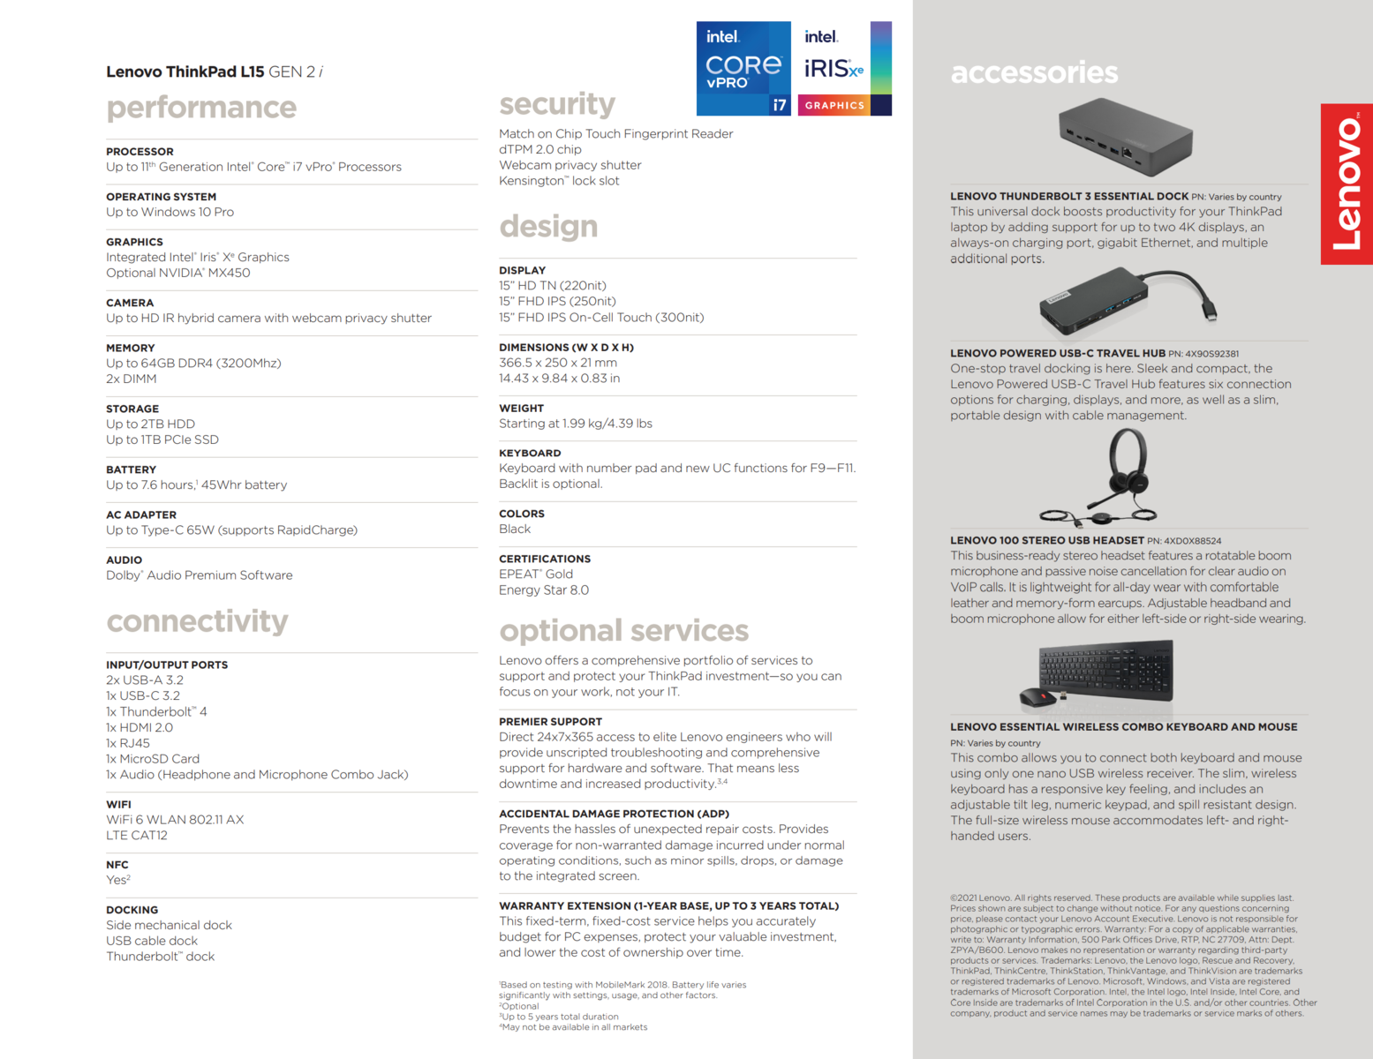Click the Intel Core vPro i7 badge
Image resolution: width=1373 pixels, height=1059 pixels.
[x=743, y=69]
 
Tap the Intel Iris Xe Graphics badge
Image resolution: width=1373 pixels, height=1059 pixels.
[x=844, y=69]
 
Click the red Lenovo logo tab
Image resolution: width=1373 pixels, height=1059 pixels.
[x=1347, y=184]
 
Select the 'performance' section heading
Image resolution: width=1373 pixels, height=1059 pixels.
[x=201, y=108]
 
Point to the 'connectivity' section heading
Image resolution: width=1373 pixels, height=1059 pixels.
[x=197, y=621]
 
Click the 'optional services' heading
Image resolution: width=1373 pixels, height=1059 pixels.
[x=623, y=631]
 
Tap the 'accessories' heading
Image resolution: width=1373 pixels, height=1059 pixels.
[x=1034, y=72]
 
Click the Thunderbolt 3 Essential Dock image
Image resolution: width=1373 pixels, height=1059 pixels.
[x=1126, y=138]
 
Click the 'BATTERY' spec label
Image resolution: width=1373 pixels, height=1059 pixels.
[x=131, y=469]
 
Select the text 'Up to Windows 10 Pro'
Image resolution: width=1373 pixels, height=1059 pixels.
[x=170, y=212]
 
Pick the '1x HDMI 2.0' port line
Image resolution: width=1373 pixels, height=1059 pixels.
[x=140, y=727]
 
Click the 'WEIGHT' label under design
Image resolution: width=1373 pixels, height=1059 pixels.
[x=521, y=409]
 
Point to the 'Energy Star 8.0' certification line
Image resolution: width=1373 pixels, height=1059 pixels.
[x=544, y=590]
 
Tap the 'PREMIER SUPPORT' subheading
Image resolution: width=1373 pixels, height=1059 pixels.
[x=550, y=722]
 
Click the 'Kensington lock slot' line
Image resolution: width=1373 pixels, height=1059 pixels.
[x=559, y=181]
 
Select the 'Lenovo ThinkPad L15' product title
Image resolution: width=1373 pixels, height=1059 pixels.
[x=185, y=72]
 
